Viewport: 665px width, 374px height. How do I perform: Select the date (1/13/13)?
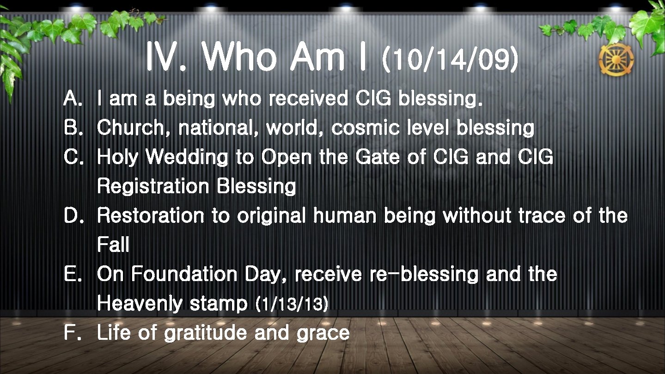[292, 304]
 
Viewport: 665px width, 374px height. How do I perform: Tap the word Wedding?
[187, 158]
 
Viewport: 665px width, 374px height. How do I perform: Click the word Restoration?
[150, 216]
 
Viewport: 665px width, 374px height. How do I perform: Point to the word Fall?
[113, 245]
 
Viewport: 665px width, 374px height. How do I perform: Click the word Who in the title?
[239, 58]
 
